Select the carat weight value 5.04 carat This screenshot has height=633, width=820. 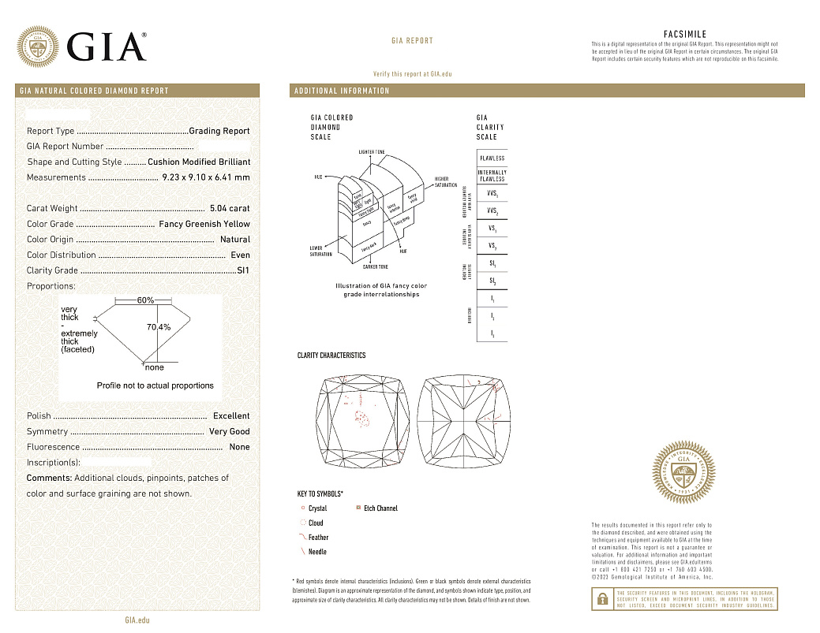230,209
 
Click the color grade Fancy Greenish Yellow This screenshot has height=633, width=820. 204,224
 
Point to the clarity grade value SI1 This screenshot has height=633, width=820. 243,270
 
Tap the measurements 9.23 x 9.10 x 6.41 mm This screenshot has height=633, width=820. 205,177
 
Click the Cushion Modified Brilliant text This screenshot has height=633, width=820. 199,162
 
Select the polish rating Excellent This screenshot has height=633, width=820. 231,415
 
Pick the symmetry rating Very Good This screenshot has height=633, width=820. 229,431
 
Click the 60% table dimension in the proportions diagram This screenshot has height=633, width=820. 145,300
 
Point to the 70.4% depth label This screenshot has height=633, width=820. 159,326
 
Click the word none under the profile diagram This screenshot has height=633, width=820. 155,367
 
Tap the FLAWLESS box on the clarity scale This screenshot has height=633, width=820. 492,158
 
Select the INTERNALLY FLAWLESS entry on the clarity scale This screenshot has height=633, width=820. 492,176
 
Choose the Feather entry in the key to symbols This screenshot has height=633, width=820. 318,538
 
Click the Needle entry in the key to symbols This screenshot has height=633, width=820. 317,552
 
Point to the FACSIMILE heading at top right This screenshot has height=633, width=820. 685,35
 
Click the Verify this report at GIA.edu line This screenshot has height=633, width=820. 412,73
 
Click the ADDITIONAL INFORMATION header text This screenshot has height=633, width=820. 342,91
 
